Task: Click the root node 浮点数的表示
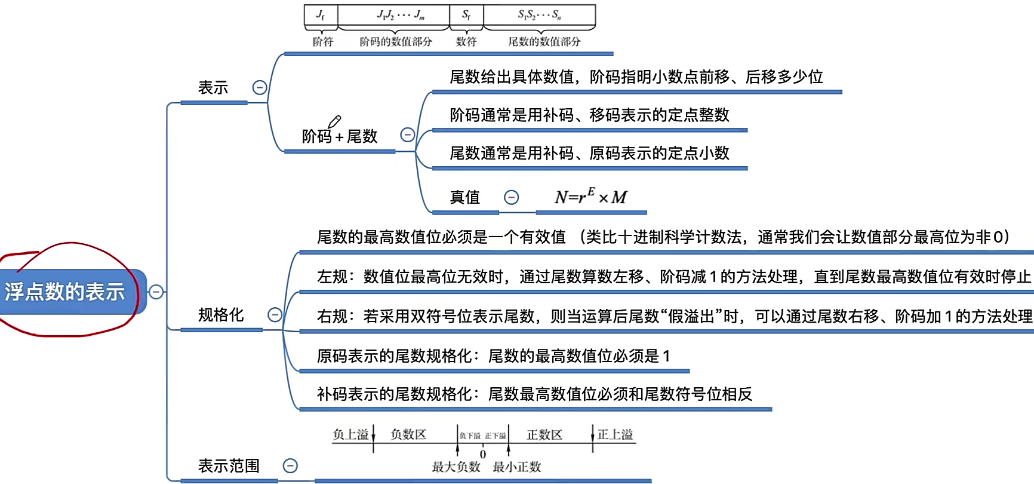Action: tap(66, 292)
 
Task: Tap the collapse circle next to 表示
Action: tap(260, 88)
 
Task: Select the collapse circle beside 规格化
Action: tap(275, 315)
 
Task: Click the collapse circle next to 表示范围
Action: tap(290, 465)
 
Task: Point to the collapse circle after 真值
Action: tap(512, 197)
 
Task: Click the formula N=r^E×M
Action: tap(590, 197)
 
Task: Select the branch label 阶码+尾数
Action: tap(339, 137)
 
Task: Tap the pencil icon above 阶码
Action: tap(334, 122)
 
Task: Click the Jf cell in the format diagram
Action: tap(321, 15)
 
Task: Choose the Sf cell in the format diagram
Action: tap(466, 15)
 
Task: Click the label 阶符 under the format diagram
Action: tap(323, 42)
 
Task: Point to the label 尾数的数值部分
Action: tap(544, 42)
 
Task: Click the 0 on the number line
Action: tap(483, 455)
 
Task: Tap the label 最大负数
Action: tap(456, 467)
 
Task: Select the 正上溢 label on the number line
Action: tap(615, 434)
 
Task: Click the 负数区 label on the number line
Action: tap(408, 434)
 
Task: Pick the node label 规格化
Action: tap(221, 315)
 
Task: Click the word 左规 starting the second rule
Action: tap(333, 277)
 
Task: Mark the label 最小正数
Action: tap(517, 467)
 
